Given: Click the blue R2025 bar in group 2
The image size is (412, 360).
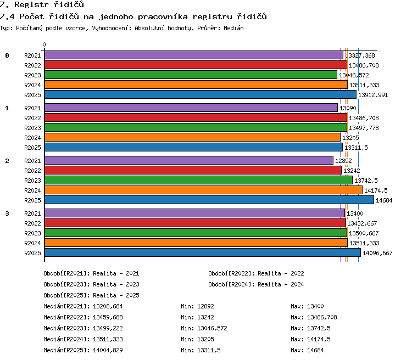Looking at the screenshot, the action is [x=209, y=200].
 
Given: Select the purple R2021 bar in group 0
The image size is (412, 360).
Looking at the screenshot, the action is [x=194, y=55].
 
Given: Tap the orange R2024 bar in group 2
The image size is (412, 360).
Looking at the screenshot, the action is [x=203, y=190].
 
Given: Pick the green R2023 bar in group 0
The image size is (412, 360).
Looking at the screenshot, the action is [x=191, y=75].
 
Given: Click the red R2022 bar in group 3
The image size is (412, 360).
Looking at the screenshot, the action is [x=195, y=223].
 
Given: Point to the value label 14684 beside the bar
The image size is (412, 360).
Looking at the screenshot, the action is [x=384, y=201].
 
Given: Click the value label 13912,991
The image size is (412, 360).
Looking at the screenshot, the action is [x=373, y=95].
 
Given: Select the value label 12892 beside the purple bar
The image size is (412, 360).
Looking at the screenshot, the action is [x=343, y=161].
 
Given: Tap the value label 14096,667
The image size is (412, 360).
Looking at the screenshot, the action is [x=377, y=253].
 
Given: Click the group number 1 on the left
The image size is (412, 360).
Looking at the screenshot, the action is [x=7, y=108].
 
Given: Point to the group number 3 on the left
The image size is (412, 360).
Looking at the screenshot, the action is [x=7, y=213].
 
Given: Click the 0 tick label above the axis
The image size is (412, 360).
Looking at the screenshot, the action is [x=44, y=44].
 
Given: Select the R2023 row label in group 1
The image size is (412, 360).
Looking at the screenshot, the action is [x=32, y=128].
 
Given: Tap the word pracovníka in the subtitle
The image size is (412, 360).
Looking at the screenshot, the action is [x=163, y=17].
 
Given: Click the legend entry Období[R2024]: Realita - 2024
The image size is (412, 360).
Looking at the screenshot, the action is [x=256, y=284].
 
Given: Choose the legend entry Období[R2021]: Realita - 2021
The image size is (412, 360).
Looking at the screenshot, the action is [x=91, y=273].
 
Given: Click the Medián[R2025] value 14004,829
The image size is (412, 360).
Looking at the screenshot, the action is [x=108, y=350].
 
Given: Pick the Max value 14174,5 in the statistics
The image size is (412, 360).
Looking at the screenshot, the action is [x=319, y=339].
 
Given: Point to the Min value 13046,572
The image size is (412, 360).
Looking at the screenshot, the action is [x=212, y=328].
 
